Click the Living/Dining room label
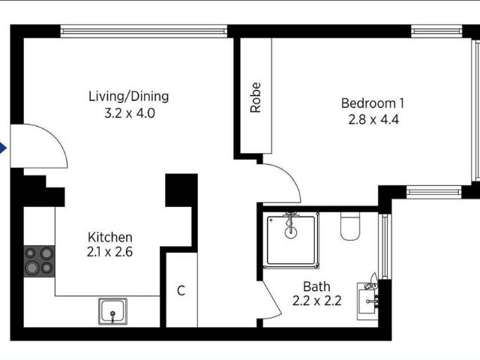click(128, 96)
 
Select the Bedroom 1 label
click(373, 103)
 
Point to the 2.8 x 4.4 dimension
click(373, 119)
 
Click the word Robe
click(256, 97)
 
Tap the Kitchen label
click(110, 237)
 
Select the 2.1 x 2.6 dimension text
click(109, 252)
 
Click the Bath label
click(316, 286)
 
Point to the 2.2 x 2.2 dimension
click(316, 301)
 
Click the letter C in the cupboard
click(181, 290)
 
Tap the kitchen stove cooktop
click(39, 262)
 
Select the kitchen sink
click(112, 311)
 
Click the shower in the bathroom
click(291, 240)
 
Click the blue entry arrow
click(3, 148)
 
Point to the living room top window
click(143, 31)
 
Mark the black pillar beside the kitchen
click(181, 190)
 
